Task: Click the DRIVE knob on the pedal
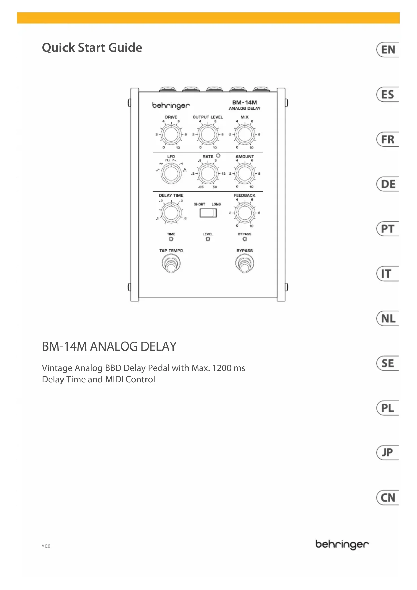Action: [171, 135]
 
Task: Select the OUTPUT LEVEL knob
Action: [208, 135]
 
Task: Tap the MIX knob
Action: [244, 135]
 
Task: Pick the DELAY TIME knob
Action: [171, 213]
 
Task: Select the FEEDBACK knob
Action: [244, 213]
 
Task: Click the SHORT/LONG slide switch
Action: [208, 213]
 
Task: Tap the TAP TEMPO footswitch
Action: [171, 264]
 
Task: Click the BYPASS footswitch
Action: [244, 264]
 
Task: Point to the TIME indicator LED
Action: [171, 239]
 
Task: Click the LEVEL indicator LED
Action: [208, 239]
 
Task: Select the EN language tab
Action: [388, 50]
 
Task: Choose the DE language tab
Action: [388, 184]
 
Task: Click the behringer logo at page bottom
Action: [342, 544]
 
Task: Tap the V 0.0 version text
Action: [46, 546]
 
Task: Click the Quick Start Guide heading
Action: [92, 48]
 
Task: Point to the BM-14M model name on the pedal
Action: [244, 102]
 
